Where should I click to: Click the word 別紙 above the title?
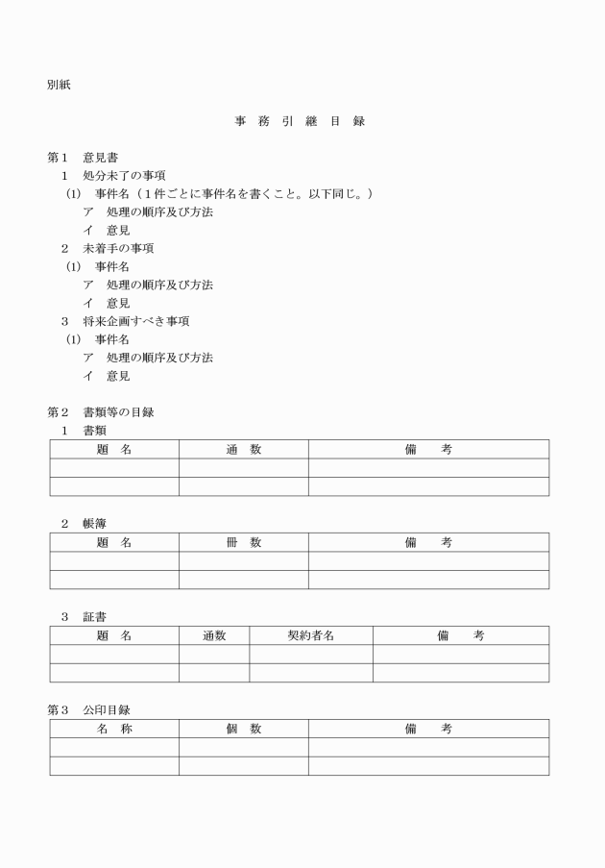[x=58, y=85]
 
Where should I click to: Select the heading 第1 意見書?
[x=84, y=158]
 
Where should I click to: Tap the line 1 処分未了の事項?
[x=113, y=176]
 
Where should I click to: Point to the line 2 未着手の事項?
[x=108, y=248]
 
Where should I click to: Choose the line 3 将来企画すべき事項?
[x=119, y=321]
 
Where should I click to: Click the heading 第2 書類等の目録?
[x=101, y=412]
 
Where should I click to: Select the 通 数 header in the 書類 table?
[x=243, y=449]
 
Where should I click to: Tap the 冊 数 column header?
[x=243, y=542]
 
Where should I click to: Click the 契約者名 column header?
[x=311, y=635]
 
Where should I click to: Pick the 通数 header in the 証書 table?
[x=214, y=635]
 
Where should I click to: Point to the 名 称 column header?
[x=114, y=729]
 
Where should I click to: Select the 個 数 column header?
[x=243, y=729]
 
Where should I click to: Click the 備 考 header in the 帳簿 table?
[x=428, y=542]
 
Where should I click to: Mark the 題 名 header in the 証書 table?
[x=114, y=635]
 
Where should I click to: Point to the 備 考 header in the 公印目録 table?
[x=428, y=729]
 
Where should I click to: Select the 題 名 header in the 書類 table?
[x=114, y=449]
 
